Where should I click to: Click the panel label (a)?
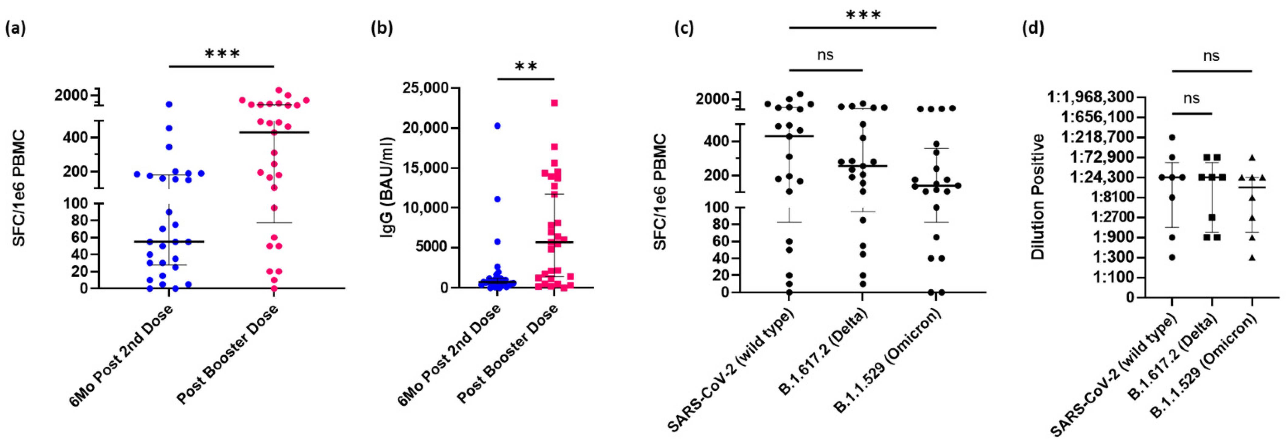(x=15, y=29)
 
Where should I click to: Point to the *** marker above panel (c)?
(x=863, y=15)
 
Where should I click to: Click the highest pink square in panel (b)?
(x=554, y=103)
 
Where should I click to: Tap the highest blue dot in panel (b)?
(x=497, y=126)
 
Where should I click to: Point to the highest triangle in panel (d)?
(x=1252, y=157)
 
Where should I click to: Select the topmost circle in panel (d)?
(x=1172, y=137)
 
